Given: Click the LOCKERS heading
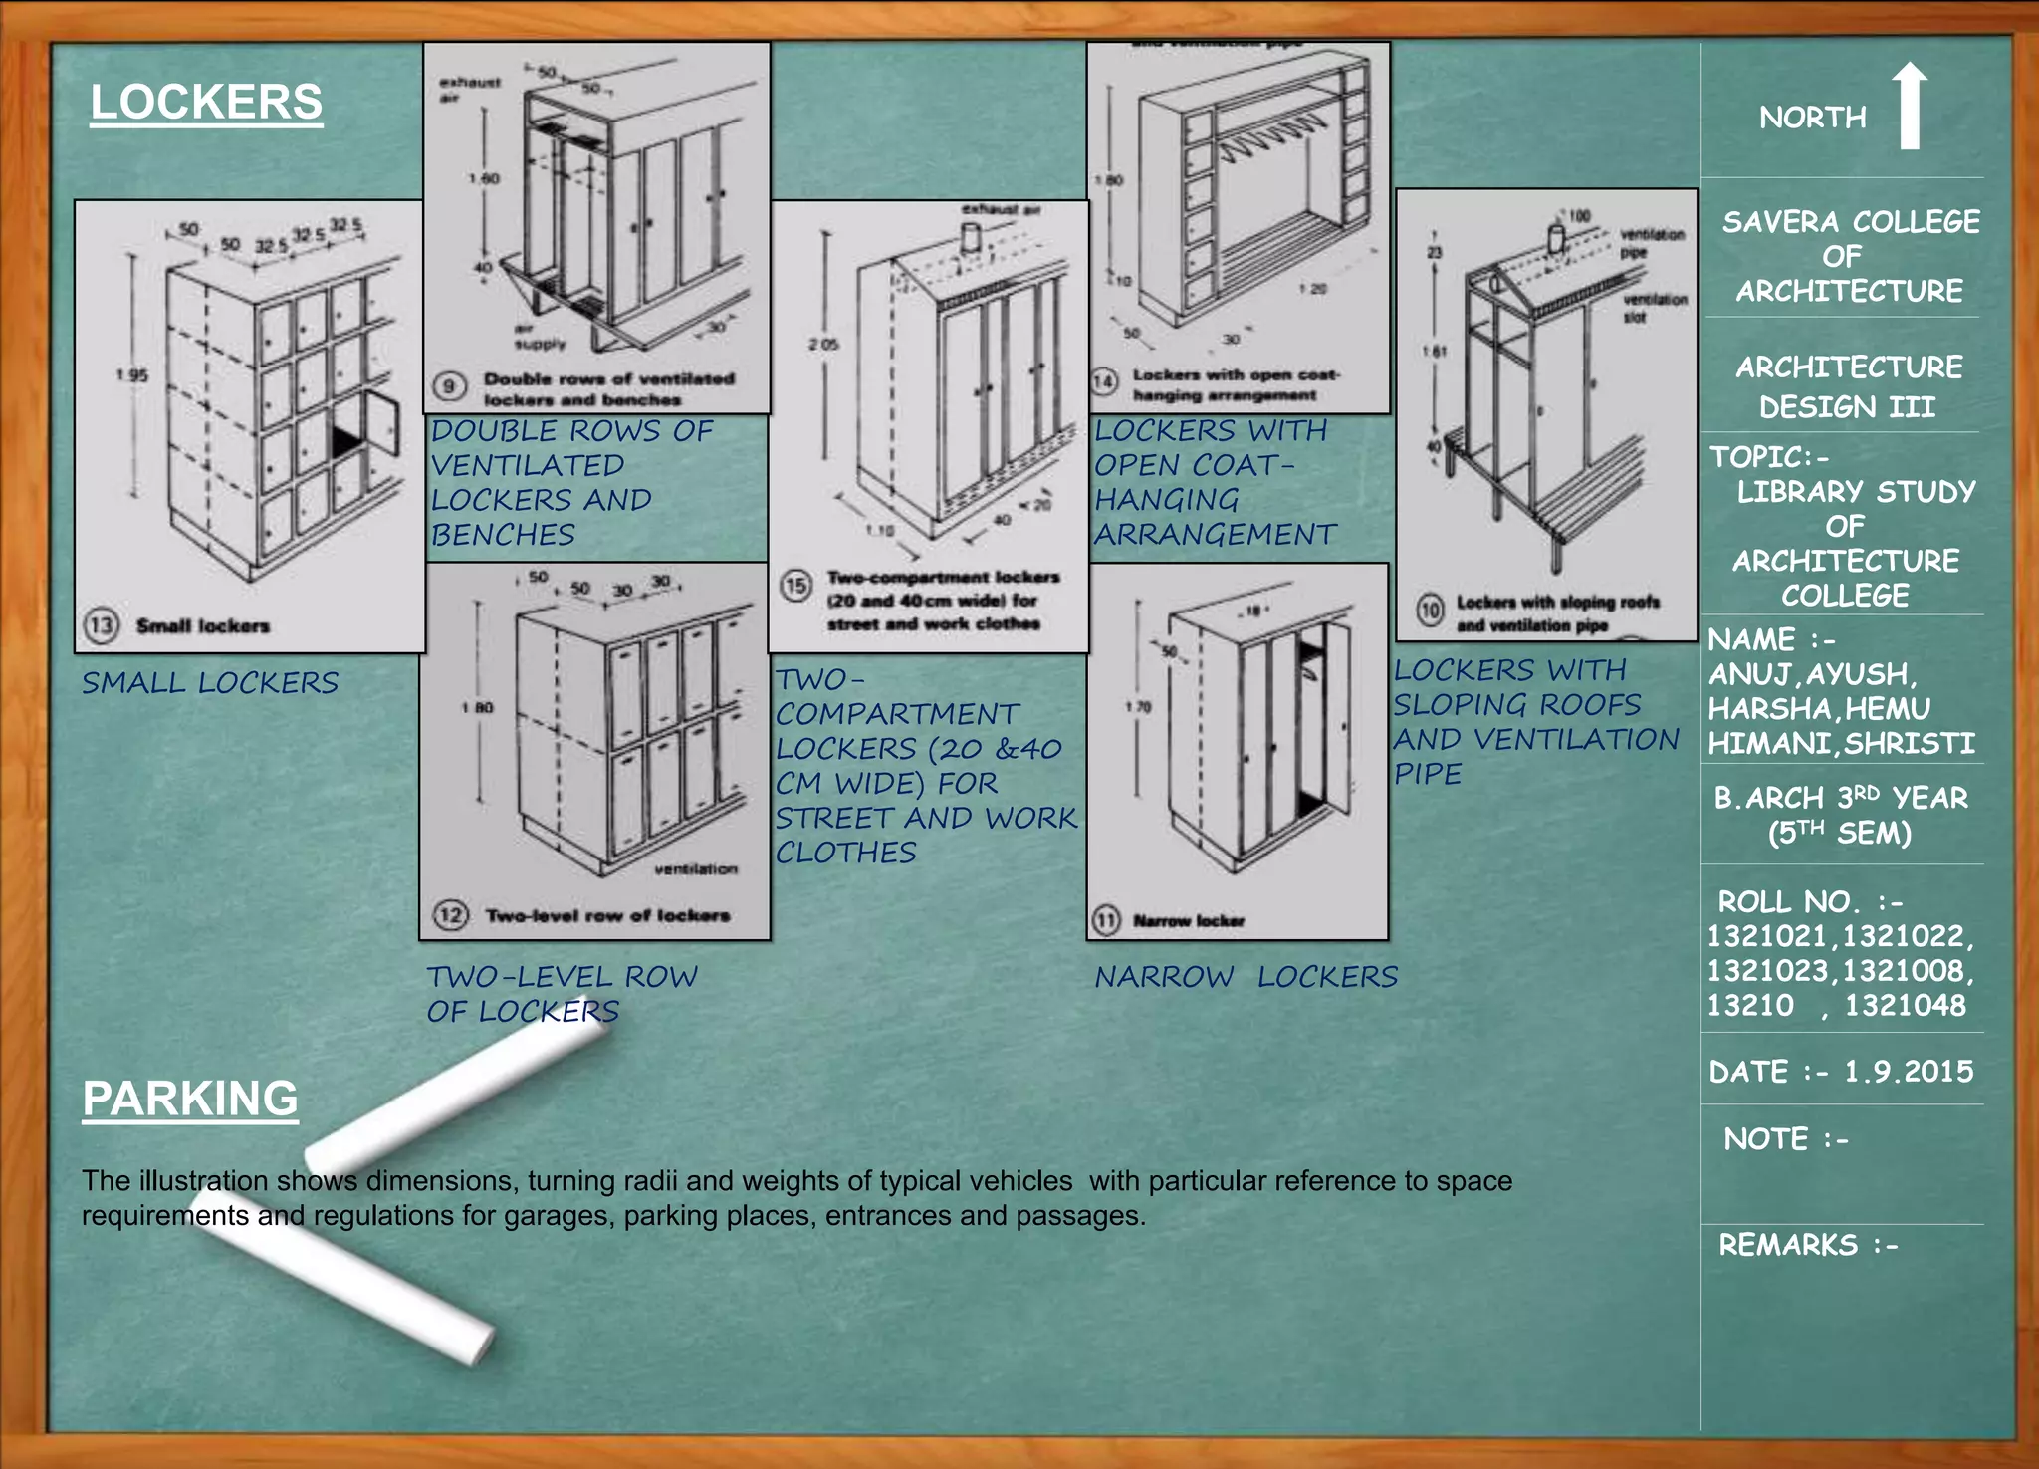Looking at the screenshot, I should [206, 103].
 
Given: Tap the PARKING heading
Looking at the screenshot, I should [189, 1099].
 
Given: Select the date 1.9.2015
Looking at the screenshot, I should [1909, 1072].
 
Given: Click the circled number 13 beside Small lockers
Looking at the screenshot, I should [102, 625].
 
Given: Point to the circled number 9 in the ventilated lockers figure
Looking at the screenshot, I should [450, 386].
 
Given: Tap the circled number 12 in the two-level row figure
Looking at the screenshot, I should [450, 914].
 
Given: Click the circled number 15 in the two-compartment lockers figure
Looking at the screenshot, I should [795, 585].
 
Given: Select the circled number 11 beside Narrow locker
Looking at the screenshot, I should [1106, 920].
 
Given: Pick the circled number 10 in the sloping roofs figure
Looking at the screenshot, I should [1430, 610].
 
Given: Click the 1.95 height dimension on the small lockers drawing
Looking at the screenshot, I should [131, 375].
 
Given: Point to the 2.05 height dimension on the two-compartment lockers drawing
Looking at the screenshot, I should [822, 344].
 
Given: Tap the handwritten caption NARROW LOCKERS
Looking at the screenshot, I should [1246, 977].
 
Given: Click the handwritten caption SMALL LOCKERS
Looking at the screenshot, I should [210, 683].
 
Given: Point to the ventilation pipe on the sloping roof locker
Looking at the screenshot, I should [1555, 239].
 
